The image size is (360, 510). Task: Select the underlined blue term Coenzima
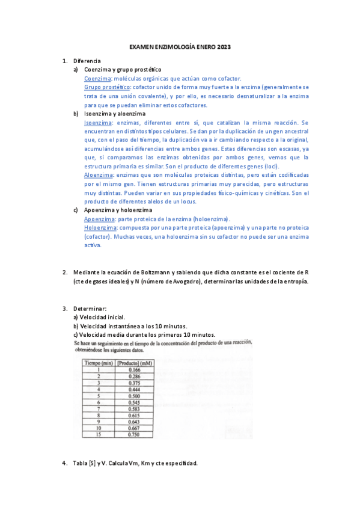coord(97,79)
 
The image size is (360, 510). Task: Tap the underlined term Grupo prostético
coord(107,87)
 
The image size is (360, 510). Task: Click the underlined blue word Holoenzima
coord(100,228)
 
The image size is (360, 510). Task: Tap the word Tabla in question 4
coord(81,463)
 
